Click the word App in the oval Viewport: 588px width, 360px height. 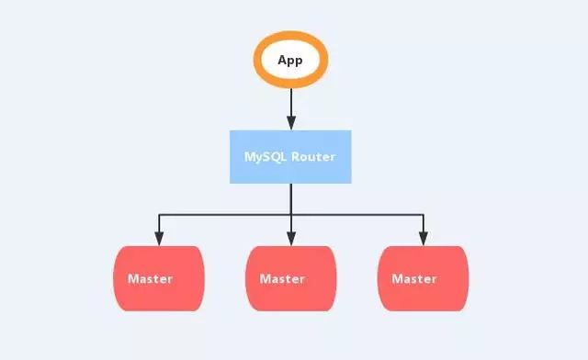tap(290, 61)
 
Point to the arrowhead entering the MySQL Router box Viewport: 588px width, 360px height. tap(291, 124)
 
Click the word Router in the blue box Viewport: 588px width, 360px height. tap(313, 156)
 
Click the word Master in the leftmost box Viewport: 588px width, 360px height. tap(151, 278)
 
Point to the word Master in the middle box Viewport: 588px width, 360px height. tap(282, 278)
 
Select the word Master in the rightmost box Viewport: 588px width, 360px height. tap(414, 278)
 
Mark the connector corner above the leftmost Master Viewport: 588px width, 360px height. tap(159, 215)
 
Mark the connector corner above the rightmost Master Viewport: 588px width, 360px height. tap(424, 215)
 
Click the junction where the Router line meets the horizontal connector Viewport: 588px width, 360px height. tap(291, 215)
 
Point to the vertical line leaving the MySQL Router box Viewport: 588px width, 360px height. tap(291, 198)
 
